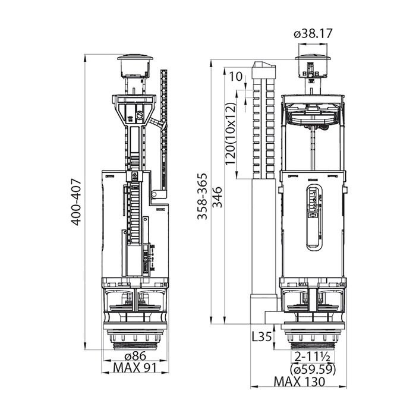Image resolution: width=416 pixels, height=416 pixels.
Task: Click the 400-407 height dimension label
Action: click(x=76, y=203)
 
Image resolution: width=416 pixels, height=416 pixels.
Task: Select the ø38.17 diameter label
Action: click(x=313, y=34)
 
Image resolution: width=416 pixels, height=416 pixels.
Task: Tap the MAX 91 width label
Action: click(x=135, y=368)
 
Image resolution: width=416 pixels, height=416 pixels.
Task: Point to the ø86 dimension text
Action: click(x=135, y=355)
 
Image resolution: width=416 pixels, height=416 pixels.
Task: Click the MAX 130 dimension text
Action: click(x=300, y=382)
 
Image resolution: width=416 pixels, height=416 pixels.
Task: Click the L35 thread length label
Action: click(x=261, y=337)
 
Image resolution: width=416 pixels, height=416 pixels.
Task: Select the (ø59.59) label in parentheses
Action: click(x=313, y=369)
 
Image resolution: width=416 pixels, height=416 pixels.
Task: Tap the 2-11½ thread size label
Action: click(x=313, y=357)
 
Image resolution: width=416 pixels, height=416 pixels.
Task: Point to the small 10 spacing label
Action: click(x=235, y=77)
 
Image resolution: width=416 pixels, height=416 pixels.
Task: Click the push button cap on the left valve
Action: click(x=135, y=67)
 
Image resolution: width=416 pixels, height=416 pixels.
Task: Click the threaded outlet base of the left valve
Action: click(x=135, y=341)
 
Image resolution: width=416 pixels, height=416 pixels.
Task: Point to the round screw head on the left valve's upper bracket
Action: click(x=139, y=115)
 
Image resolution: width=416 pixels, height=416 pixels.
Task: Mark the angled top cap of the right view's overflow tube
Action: click(x=263, y=66)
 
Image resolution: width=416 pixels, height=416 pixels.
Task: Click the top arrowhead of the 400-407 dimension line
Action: click(x=85, y=58)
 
